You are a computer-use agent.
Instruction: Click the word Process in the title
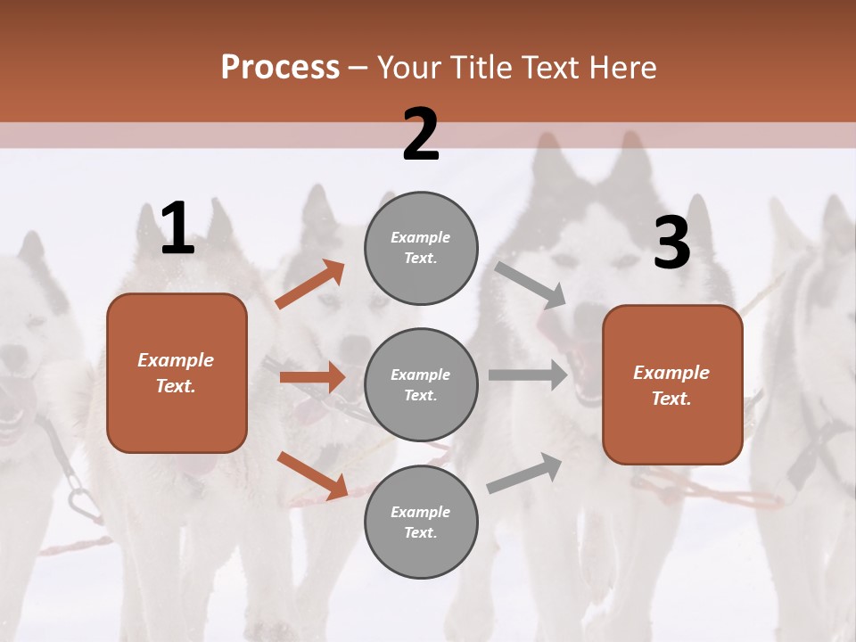tap(280, 67)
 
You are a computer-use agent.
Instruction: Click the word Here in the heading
tap(621, 67)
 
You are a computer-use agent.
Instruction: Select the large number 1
tap(177, 229)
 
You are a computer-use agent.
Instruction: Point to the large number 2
tap(421, 135)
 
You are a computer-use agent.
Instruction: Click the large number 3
tap(671, 243)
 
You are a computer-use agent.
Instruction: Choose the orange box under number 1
tap(177, 373)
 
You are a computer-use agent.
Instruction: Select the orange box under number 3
tap(672, 385)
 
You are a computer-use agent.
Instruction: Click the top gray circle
tap(421, 248)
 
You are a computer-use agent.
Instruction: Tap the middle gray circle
tap(421, 385)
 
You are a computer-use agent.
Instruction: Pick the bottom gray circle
tap(421, 523)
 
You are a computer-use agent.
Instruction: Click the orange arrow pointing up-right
tap(310, 284)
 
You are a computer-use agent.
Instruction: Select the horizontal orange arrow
tap(312, 378)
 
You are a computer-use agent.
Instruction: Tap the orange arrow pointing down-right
tap(312, 475)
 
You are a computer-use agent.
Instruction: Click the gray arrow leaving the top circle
tap(531, 284)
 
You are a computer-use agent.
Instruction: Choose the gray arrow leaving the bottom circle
tap(524, 473)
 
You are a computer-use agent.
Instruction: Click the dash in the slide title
tap(358, 68)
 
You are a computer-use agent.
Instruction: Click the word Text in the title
tap(550, 67)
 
